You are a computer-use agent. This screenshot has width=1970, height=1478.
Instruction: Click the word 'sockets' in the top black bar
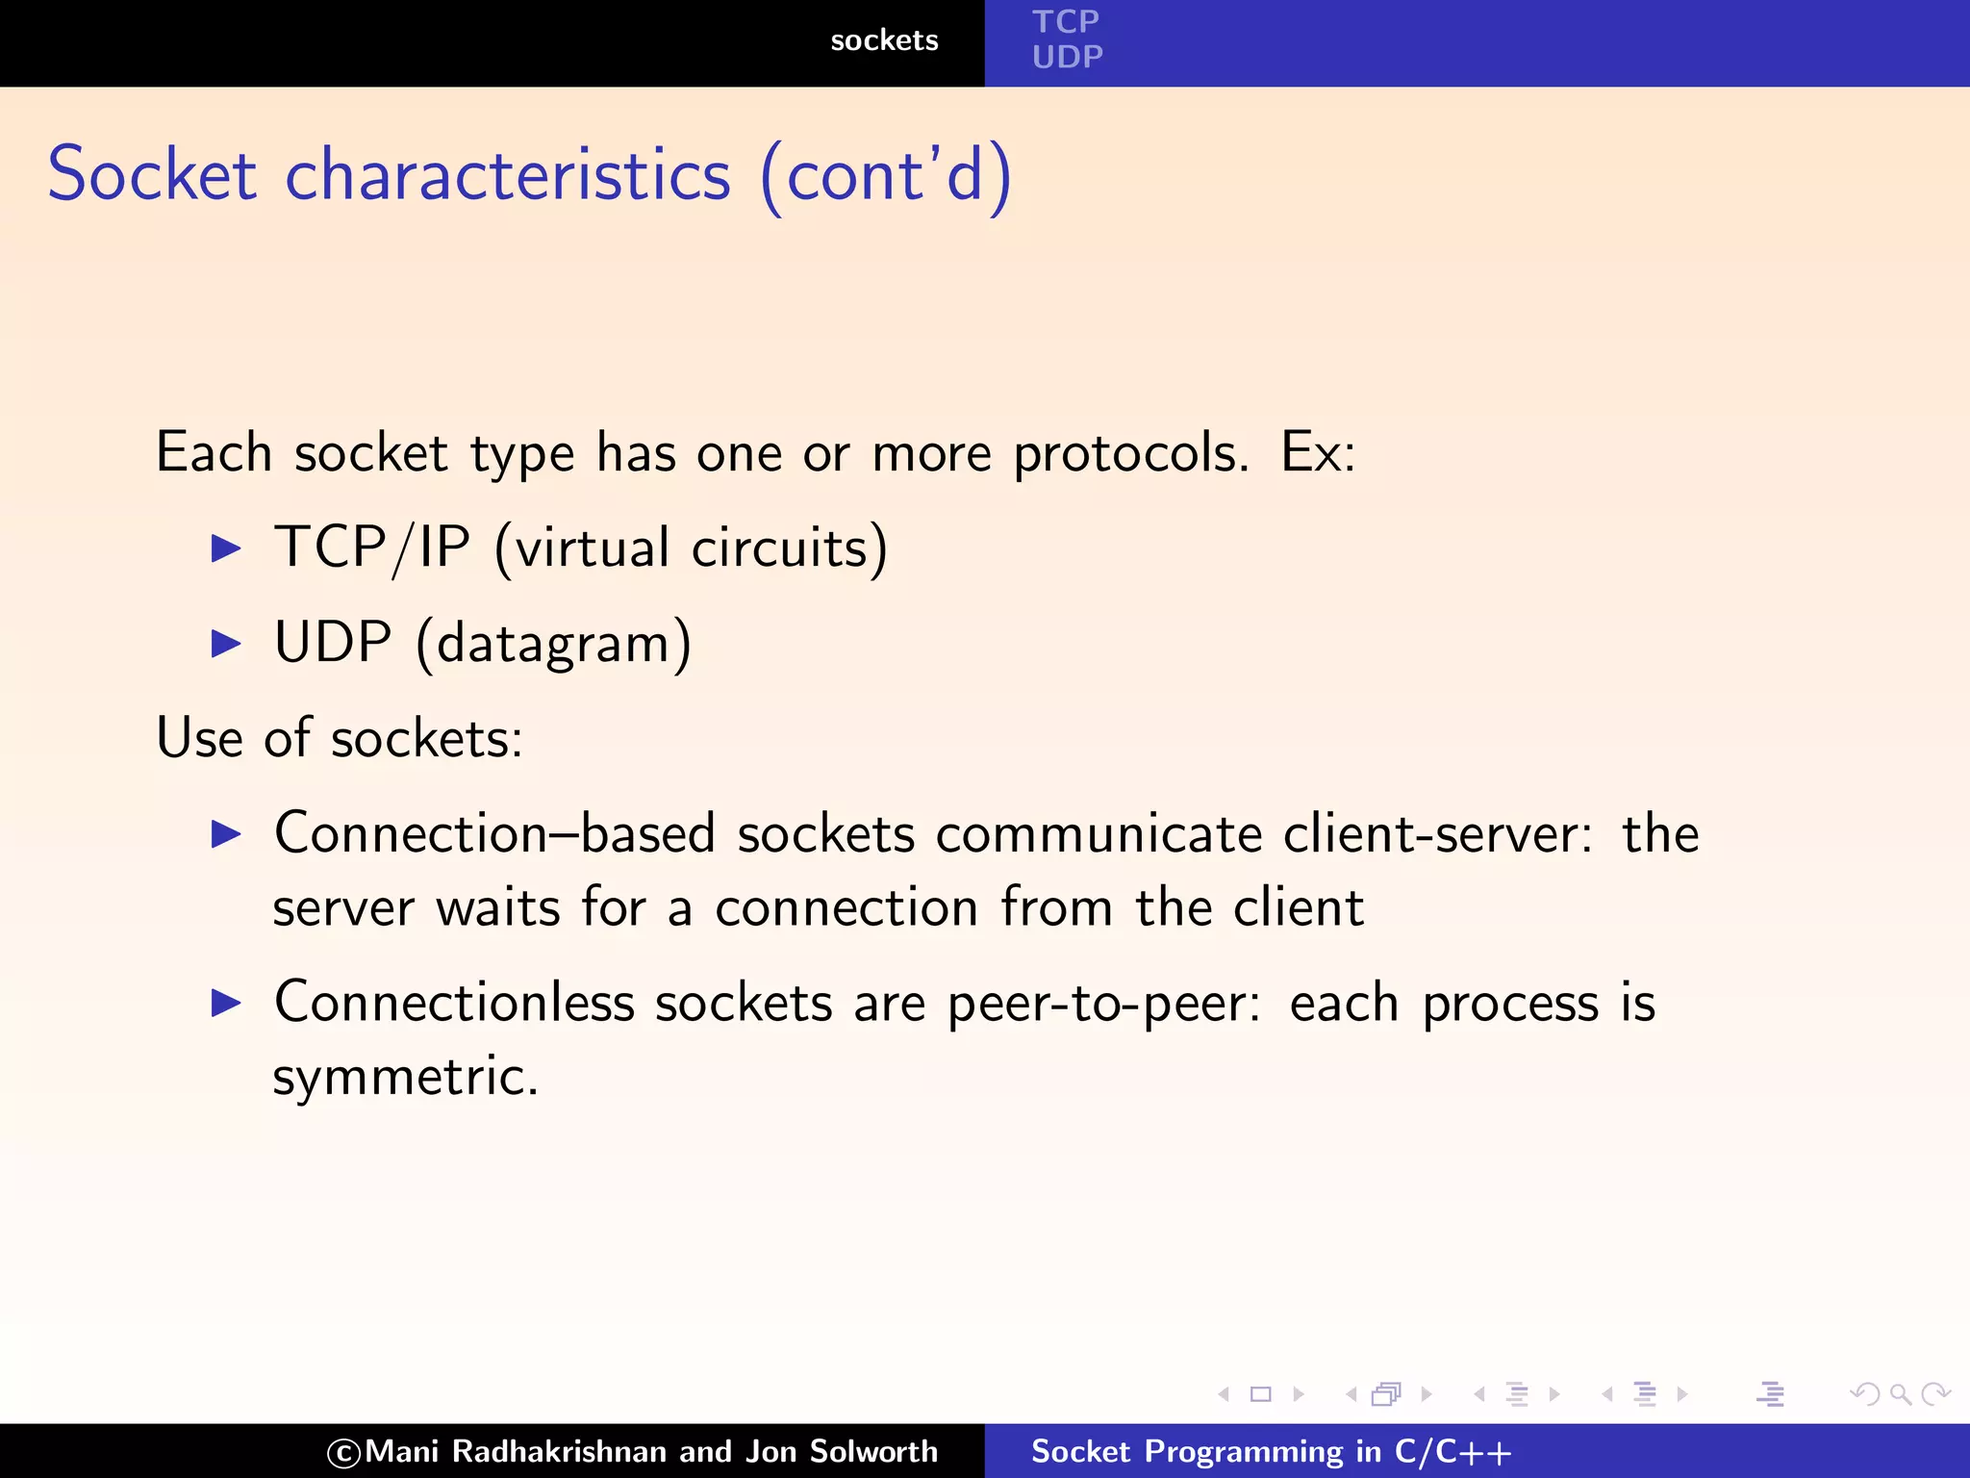[x=884, y=40]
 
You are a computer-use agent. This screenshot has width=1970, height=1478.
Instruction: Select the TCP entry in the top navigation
[x=1065, y=21]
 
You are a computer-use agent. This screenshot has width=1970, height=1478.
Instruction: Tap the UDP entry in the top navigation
[x=1067, y=57]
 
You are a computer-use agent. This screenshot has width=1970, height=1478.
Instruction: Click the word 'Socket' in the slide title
[x=152, y=175]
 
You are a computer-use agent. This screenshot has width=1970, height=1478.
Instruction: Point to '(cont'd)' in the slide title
[x=885, y=177]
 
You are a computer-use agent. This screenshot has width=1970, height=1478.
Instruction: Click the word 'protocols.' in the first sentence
[x=1131, y=452]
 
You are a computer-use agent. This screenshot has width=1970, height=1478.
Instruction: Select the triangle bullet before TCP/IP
[x=226, y=548]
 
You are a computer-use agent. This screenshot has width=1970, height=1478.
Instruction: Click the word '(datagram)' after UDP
[x=553, y=644]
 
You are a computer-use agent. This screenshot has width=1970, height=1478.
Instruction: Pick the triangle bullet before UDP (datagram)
[x=226, y=643]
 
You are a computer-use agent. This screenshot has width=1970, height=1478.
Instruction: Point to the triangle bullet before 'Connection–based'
[x=226, y=833]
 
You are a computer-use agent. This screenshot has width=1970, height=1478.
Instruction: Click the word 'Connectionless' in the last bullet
[x=454, y=1003]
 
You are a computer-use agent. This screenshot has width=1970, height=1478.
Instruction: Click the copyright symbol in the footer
[x=343, y=1453]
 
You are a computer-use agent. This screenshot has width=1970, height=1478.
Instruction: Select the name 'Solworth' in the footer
[x=873, y=1451]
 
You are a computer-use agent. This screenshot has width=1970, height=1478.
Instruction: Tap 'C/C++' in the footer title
[x=1452, y=1451]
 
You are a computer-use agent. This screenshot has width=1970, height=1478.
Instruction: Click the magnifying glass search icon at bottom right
[x=1900, y=1393]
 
